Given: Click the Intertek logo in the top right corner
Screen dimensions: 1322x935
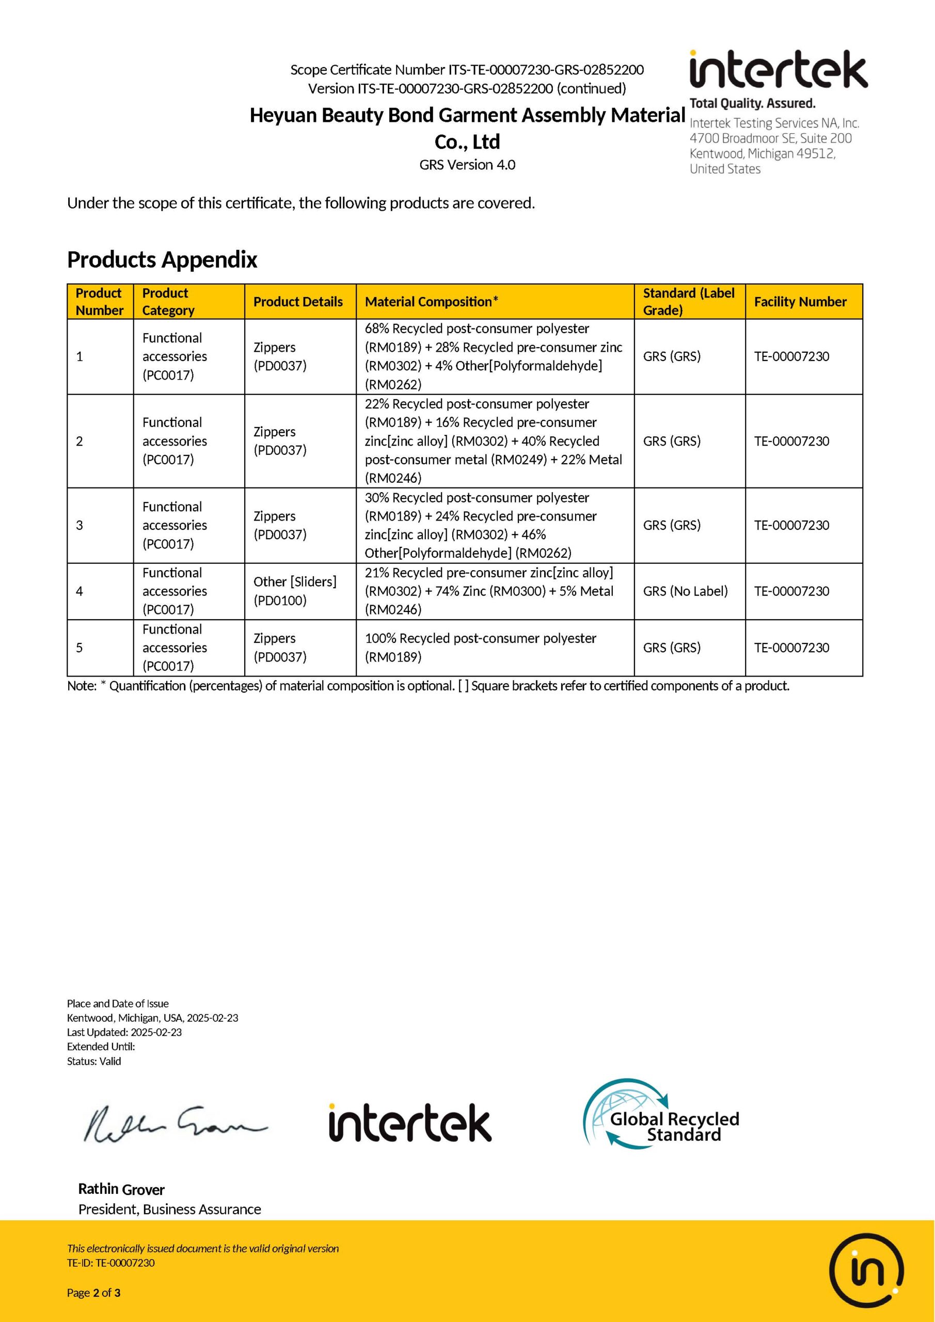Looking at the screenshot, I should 778,70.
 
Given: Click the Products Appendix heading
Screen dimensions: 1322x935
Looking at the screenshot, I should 162,260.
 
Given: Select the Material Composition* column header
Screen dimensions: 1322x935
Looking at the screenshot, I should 431,302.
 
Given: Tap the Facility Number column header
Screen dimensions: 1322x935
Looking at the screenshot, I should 800,302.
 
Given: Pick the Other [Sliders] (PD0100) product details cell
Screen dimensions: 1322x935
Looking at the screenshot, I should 295,591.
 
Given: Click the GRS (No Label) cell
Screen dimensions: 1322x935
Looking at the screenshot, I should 685,591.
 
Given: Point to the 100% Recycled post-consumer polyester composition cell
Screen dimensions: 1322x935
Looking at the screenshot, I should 480,647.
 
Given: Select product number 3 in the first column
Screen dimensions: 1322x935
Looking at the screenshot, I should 80,525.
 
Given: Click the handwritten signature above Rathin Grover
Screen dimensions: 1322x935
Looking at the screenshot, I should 175,1123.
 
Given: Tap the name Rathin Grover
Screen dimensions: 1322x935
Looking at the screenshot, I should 121,1189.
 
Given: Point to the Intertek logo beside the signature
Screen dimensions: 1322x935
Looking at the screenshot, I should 410,1123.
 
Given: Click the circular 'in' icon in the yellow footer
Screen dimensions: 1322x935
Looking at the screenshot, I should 866,1271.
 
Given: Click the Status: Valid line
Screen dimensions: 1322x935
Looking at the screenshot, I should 94,1061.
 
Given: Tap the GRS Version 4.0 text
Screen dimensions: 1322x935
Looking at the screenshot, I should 467,165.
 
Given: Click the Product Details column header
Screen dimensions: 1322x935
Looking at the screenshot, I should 298,302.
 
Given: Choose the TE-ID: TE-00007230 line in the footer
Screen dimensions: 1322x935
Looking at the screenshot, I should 110,1263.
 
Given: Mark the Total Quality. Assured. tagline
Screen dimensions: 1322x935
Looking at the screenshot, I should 752,104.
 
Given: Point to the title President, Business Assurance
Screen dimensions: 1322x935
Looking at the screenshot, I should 169,1209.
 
